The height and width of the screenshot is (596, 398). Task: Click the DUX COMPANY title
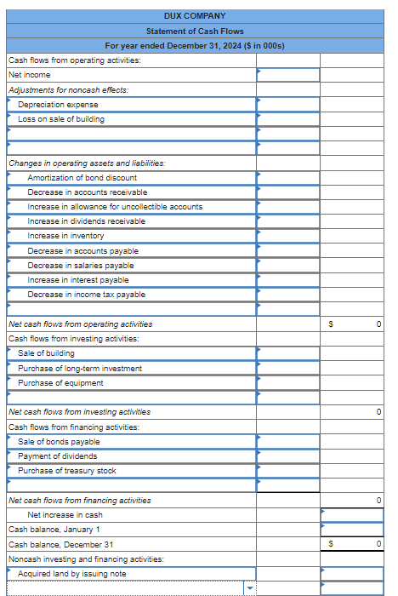[195, 16]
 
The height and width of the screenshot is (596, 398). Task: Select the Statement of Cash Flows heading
[195, 31]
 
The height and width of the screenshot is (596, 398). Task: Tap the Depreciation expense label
[58, 104]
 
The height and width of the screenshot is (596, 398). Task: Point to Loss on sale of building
[61, 119]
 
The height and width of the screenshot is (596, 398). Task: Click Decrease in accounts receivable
[87, 192]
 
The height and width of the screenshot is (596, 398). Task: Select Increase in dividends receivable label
[86, 221]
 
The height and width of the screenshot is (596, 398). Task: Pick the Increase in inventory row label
[65, 236]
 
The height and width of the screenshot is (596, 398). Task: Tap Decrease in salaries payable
[81, 266]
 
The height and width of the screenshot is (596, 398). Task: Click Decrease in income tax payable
[86, 295]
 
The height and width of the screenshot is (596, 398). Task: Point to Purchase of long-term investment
[80, 368]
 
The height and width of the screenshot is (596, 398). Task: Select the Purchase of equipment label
[60, 383]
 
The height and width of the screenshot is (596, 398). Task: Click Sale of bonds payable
[59, 442]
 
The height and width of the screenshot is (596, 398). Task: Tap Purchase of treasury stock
[67, 471]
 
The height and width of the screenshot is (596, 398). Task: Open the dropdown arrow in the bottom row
[249, 588]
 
